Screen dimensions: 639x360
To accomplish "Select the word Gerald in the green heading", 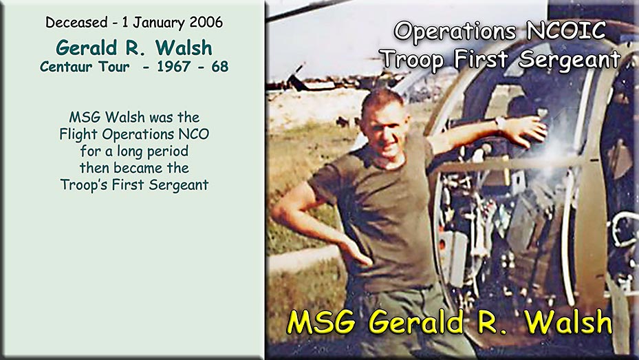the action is (x=87, y=47).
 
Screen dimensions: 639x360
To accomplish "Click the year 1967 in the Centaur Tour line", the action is (x=174, y=67).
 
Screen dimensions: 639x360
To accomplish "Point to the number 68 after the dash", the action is (x=219, y=67).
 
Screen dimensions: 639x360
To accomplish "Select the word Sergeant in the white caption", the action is (x=570, y=60).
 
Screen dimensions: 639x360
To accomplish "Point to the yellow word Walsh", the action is (x=568, y=321).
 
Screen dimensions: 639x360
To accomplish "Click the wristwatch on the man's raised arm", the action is (x=500, y=123).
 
